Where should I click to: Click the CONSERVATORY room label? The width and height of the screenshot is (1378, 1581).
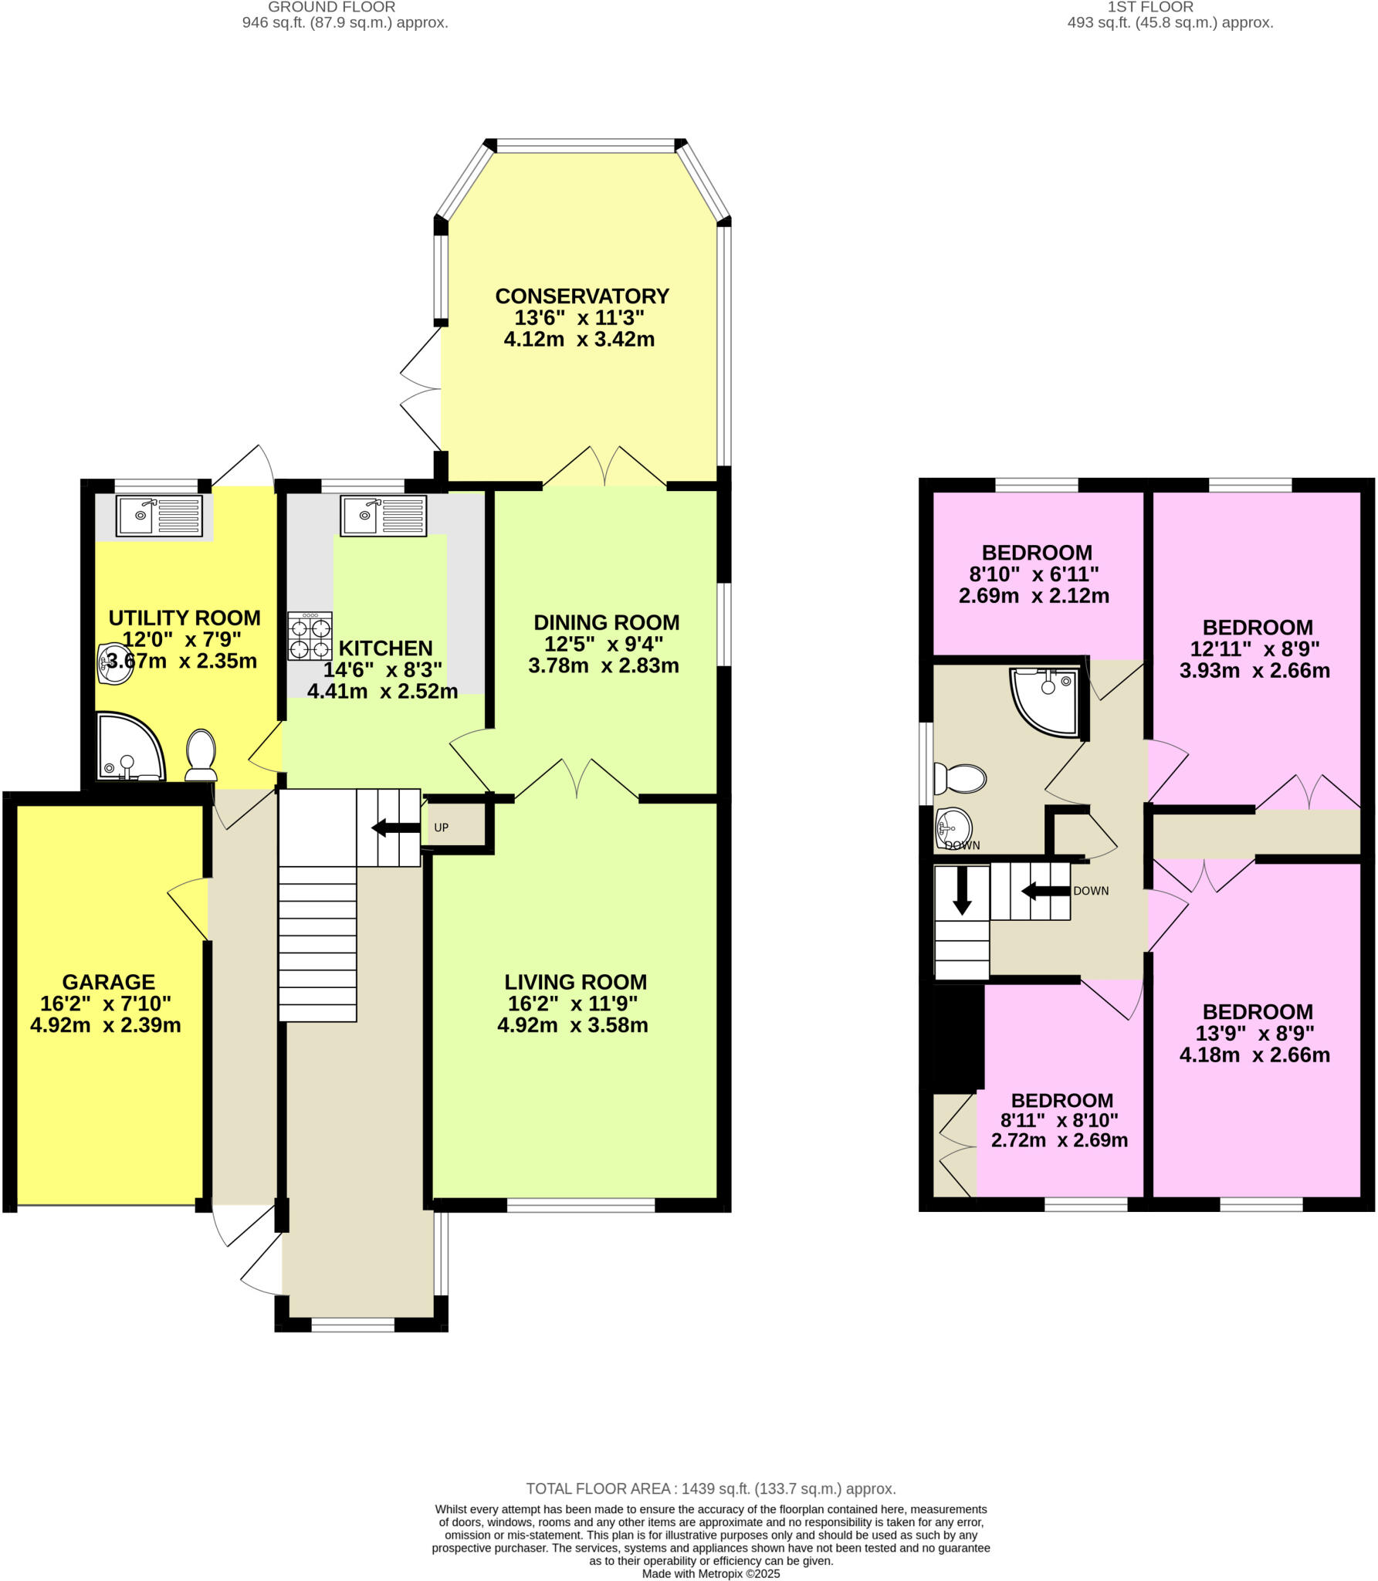point(581,296)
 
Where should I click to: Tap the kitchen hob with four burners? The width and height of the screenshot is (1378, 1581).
point(310,636)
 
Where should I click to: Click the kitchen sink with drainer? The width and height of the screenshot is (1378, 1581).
point(384,515)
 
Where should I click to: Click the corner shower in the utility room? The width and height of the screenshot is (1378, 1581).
point(127,747)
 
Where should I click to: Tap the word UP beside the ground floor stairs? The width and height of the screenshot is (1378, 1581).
point(441,828)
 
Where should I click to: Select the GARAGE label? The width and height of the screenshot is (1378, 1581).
point(108,982)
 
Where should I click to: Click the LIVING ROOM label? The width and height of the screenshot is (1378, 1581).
point(575,982)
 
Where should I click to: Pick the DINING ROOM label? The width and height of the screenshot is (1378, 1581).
point(606,622)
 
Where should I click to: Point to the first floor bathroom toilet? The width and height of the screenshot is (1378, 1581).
point(960,778)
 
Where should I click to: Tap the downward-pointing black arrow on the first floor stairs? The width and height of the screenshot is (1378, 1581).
point(961,891)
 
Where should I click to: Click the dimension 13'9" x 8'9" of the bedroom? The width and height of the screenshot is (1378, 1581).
point(1258,1033)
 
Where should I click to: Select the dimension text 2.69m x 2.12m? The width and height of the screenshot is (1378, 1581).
point(1034,596)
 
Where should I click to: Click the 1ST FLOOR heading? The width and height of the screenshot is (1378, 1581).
point(1149,7)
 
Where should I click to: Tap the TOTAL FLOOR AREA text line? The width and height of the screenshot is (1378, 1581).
point(710,1489)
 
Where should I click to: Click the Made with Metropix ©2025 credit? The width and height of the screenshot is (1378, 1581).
point(710,1573)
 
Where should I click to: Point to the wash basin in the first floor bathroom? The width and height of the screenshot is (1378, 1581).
point(953,828)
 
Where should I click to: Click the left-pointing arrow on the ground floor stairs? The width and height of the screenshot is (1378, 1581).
point(395,828)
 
